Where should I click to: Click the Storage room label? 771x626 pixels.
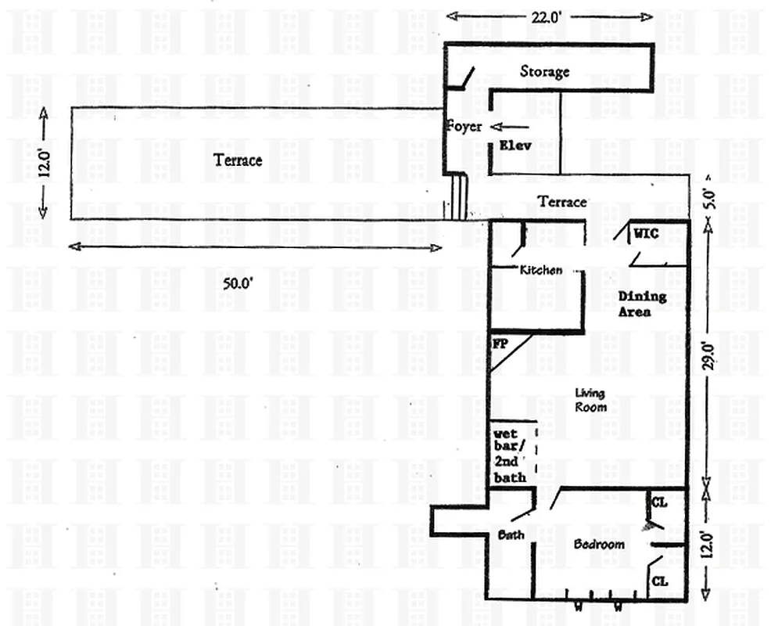click(x=545, y=71)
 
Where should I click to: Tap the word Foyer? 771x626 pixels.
click(x=464, y=127)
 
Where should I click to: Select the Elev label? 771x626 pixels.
click(x=515, y=145)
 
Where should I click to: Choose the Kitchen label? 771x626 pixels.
click(x=541, y=270)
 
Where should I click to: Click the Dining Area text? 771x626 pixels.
click(x=642, y=304)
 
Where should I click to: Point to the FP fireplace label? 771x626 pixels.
click(x=500, y=344)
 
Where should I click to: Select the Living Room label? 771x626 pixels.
click(x=590, y=401)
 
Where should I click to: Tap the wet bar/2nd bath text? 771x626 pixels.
click(x=509, y=455)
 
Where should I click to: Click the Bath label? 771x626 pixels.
click(x=511, y=536)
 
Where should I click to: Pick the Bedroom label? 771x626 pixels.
click(x=599, y=545)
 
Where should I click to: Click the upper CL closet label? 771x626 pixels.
click(x=658, y=503)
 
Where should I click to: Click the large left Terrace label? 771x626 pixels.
click(x=238, y=160)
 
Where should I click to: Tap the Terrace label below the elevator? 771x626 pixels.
click(x=562, y=202)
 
